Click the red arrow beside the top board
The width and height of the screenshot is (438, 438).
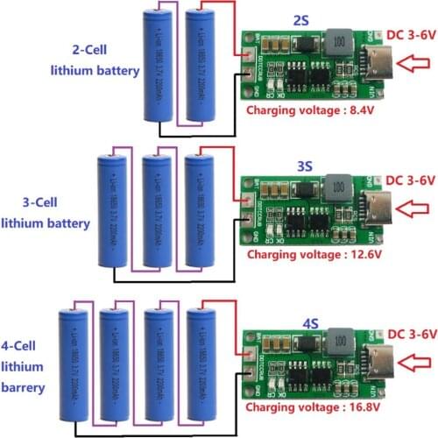pyautogui.click(x=416, y=63)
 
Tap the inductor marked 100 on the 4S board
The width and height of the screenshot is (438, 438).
pyautogui.click(x=336, y=342)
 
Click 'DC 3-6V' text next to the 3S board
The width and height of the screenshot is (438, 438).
pyautogui.click(x=407, y=180)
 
